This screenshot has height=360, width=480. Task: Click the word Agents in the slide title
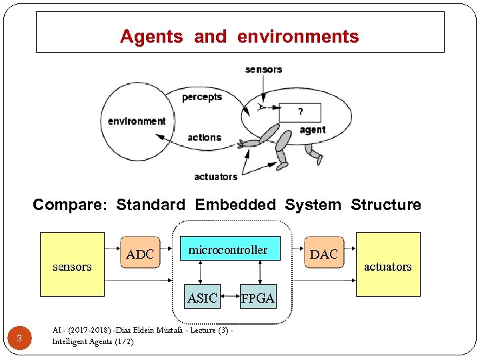pos(151,37)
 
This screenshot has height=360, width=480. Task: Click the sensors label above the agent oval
pos(263,69)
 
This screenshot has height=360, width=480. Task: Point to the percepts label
pos(202,97)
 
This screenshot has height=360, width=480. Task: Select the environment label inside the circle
pos(137,121)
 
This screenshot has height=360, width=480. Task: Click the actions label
pos(204,137)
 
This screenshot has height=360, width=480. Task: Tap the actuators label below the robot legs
pos(215,177)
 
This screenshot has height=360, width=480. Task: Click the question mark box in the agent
pos(300,112)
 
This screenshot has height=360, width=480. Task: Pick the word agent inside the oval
pos(312,130)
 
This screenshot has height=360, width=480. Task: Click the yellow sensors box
pos(72,264)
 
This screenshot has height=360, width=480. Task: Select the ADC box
pos(140,254)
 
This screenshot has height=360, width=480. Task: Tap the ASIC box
pos(202,298)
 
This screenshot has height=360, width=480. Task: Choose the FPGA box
pos(257,299)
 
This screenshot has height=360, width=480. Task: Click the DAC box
pos(324,254)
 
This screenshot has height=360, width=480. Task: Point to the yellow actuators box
pos(388,264)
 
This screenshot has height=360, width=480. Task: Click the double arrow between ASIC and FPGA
pos(229,298)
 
